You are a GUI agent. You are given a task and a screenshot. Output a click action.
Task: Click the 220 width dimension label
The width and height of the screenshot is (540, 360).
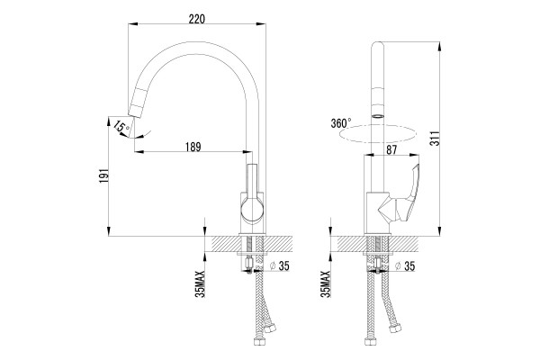tap(196, 19)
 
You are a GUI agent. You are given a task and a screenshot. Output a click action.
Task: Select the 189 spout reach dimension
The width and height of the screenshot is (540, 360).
tap(193, 147)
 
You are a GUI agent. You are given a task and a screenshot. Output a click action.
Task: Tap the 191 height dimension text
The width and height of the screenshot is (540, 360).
tap(103, 175)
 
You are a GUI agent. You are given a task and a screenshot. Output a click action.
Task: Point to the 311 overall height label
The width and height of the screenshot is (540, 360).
tap(435, 138)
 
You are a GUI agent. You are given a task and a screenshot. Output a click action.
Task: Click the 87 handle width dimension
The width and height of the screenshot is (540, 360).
tap(391, 150)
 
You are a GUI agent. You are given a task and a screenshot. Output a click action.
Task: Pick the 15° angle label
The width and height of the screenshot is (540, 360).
tap(121, 126)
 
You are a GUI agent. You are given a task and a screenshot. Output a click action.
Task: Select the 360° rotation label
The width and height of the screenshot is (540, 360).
tap(341, 123)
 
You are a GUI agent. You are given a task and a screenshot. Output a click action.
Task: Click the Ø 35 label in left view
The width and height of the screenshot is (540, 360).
tap(280, 266)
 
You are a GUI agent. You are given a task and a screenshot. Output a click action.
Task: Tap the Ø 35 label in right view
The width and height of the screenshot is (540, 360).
tap(405, 266)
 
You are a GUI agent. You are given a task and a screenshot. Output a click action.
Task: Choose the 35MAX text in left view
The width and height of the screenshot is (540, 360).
tap(200, 283)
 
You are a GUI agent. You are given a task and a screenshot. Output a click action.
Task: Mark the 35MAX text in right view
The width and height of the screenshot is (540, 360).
tap(325, 283)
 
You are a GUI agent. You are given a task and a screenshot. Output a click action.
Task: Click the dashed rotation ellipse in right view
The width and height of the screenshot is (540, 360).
tap(378, 134)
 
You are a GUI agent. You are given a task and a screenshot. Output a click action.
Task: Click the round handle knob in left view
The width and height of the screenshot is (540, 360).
tap(252, 210)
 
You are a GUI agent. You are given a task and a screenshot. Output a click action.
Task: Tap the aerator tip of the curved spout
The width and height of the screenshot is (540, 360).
tap(135, 106)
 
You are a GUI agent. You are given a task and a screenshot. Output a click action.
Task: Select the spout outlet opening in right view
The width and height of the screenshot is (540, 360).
tap(378, 116)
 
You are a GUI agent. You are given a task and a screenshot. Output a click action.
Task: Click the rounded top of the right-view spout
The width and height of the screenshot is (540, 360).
tap(378, 46)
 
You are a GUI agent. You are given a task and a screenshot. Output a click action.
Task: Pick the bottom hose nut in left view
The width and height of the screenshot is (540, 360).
tap(258, 341)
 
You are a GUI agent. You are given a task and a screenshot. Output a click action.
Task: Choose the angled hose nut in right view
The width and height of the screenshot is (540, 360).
tap(395, 328)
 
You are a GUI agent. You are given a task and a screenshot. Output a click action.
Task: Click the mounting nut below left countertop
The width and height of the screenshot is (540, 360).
tap(248, 265)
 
